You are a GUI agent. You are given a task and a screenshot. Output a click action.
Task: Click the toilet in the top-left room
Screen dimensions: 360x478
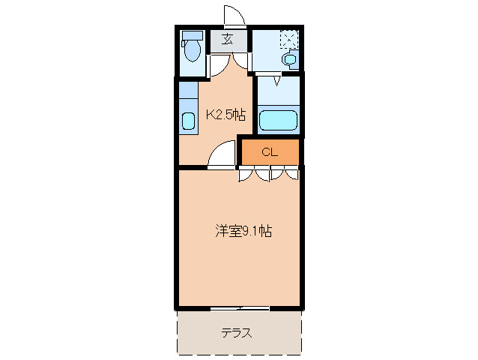(x=193, y=51)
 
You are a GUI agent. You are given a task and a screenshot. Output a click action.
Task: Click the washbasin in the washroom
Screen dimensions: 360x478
(x=288, y=59)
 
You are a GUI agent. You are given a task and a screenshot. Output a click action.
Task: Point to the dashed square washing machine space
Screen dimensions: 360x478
(x=289, y=38)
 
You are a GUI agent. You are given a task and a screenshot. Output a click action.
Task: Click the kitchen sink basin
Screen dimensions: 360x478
(x=187, y=121)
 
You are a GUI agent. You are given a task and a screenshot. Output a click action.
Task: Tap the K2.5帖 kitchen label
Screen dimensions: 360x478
(x=226, y=115)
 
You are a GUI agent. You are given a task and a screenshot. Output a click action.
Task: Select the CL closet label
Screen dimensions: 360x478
(x=270, y=151)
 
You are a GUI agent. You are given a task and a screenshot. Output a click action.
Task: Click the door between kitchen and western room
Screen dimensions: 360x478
(x=221, y=156)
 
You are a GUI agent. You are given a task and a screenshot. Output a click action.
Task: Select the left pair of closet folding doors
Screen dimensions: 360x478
(x=254, y=175)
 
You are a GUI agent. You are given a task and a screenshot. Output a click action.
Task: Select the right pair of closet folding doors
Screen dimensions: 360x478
(x=285, y=175)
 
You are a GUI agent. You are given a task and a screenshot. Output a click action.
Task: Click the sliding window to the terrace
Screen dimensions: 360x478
(x=240, y=308)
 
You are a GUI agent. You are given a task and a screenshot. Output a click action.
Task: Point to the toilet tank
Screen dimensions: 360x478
(x=193, y=35)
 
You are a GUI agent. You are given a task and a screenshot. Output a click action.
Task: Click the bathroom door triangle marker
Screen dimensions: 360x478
(x=276, y=80)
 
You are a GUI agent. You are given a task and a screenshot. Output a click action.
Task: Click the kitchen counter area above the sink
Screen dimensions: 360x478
(x=187, y=96)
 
